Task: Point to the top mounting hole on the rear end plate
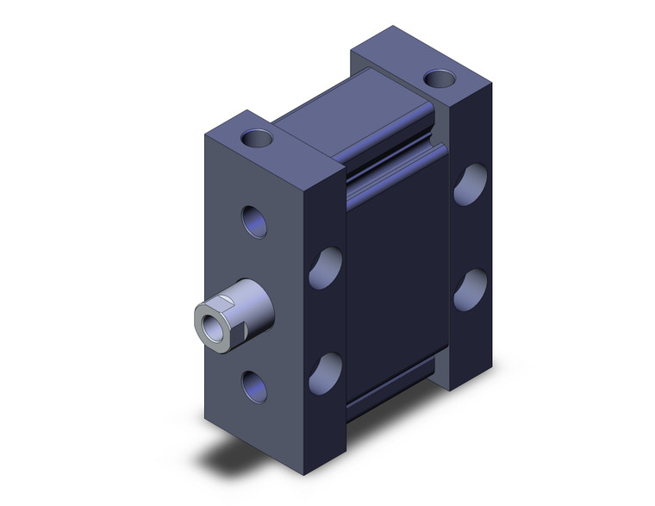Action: [x=440, y=80]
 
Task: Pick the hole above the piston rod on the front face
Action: [x=254, y=222]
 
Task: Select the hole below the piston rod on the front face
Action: [x=254, y=385]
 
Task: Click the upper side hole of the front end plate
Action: [x=324, y=267]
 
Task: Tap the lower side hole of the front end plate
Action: [x=324, y=371]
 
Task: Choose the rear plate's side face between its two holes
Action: [x=470, y=237]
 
